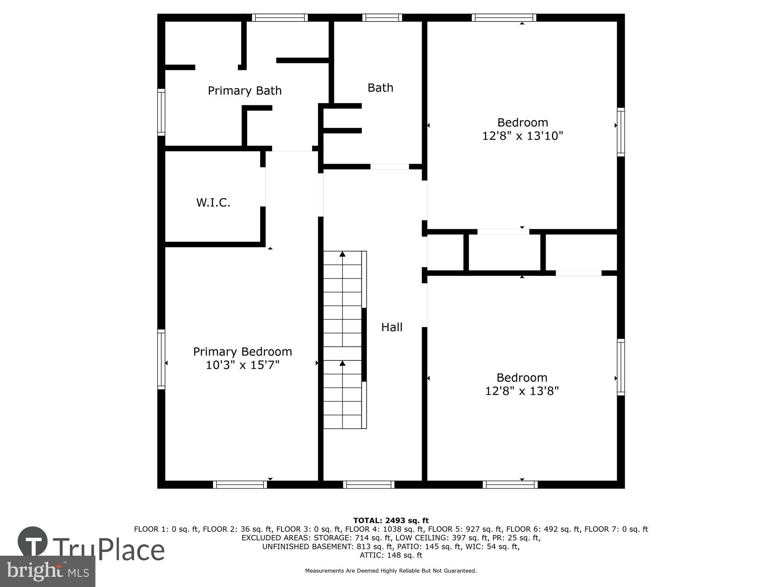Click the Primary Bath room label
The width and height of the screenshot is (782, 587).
[244, 91]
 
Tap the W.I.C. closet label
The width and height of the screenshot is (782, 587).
[213, 203]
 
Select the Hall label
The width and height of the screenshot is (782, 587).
[392, 327]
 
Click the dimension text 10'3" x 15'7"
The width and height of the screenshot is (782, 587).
[242, 365]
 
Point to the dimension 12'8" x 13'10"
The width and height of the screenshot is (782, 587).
[522, 136]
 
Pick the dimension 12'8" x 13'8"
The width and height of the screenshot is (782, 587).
[522, 391]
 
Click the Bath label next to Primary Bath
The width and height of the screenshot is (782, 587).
[380, 88]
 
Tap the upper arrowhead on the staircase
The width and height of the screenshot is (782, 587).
[343, 254]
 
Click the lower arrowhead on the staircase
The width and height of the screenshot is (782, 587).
[343, 364]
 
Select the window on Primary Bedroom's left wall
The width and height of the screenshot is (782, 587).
[161, 359]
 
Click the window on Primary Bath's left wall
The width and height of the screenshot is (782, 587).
[161, 112]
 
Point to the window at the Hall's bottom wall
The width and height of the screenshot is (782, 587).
[369, 484]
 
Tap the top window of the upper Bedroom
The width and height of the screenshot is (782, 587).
[504, 18]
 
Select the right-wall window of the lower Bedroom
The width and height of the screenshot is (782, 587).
[621, 367]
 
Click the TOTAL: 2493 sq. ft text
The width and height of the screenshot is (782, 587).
[391, 520]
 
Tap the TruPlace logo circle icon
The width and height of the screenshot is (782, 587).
[33, 542]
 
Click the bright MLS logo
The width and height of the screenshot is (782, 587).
[47, 571]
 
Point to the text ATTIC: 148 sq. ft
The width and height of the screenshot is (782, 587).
[391, 555]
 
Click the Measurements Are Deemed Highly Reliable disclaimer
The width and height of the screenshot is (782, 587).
[391, 571]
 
